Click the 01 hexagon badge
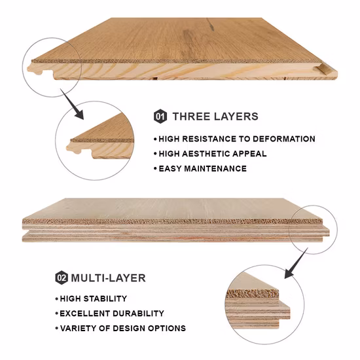[160, 117]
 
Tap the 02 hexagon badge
[62, 278]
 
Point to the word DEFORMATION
[282, 139]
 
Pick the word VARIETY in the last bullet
[79, 328]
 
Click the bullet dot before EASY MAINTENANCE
[155, 168]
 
